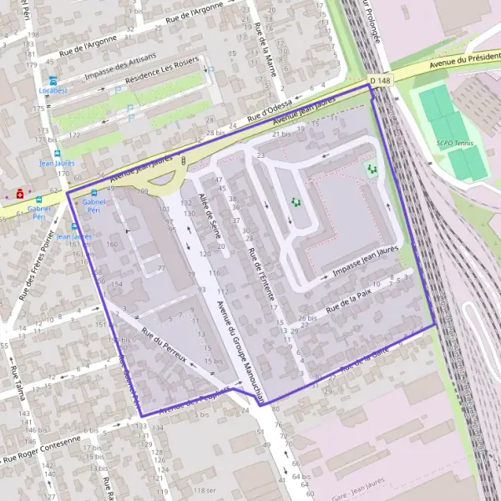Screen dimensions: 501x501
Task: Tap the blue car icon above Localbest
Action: pyautogui.click(x=53, y=80)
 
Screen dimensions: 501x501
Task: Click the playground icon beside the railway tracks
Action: pyautogui.click(x=372, y=169)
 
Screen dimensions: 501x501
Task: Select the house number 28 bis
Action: pyautogui.click(x=215, y=133)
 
